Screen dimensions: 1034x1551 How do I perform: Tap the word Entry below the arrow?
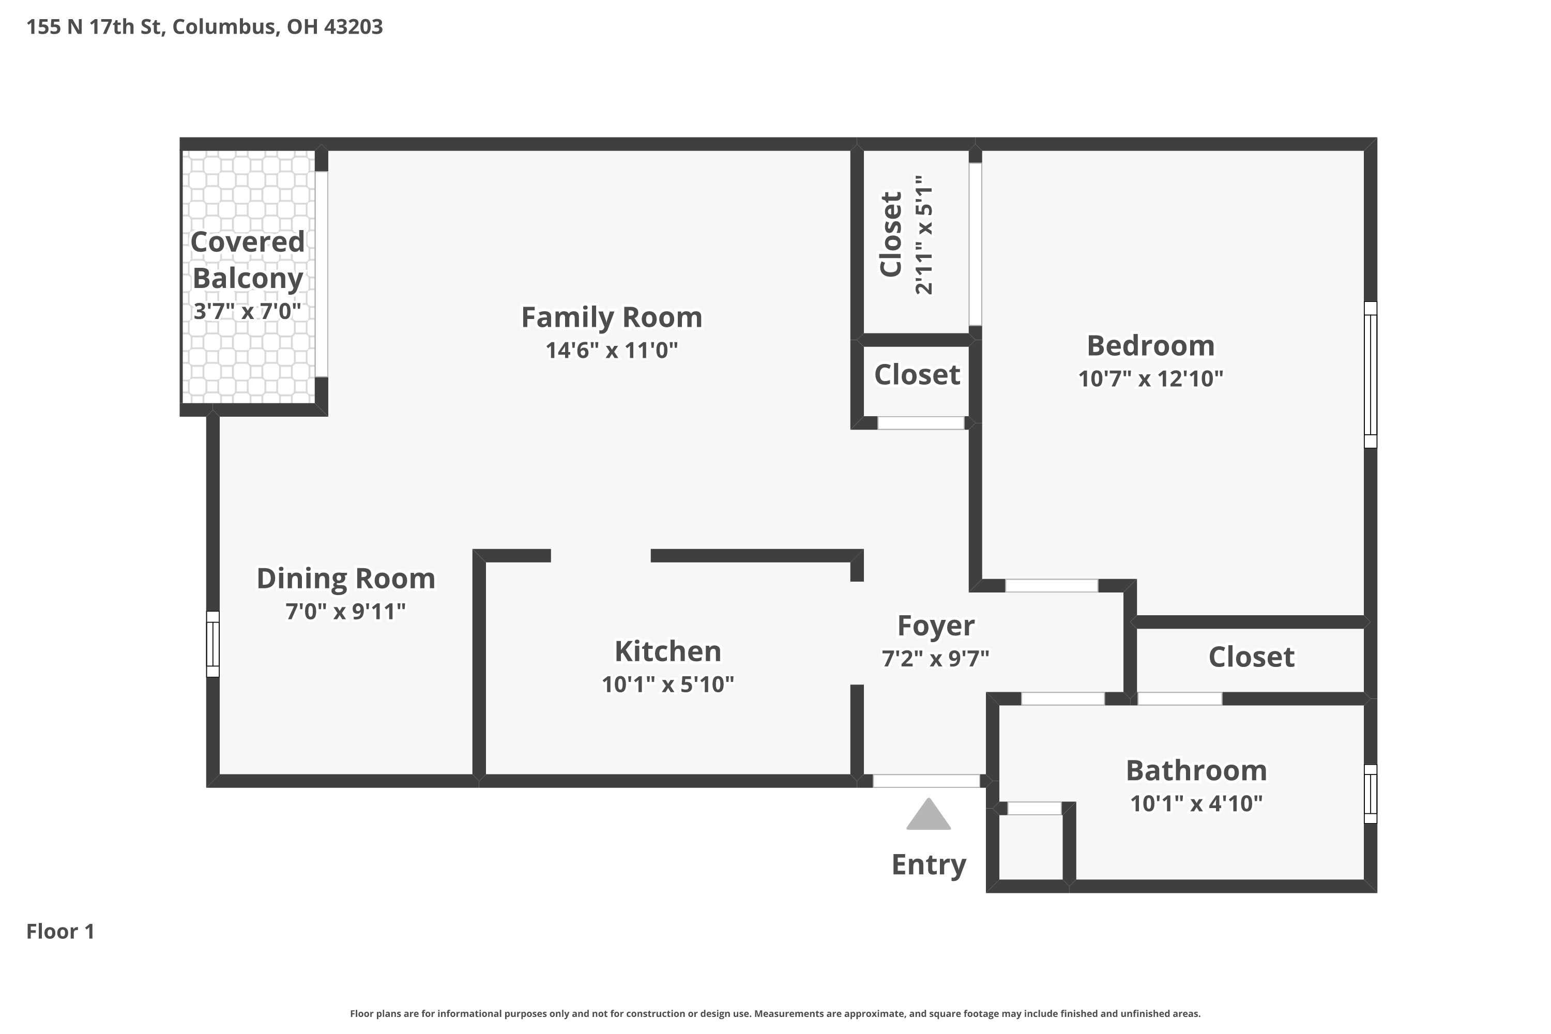(929, 864)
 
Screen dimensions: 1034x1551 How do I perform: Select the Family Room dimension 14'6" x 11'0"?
(611, 350)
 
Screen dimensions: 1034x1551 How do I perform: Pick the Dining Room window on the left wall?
(212, 644)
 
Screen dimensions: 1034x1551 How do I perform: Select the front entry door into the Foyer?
(926, 781)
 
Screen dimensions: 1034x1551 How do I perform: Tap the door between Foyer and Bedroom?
(1051, 586)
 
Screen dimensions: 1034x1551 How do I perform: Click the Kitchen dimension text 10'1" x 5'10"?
(667, 685)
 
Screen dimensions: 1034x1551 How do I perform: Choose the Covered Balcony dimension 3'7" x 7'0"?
(247, 311)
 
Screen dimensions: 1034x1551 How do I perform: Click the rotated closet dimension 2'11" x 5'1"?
(924, 235)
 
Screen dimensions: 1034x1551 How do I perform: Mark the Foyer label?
(936, 625)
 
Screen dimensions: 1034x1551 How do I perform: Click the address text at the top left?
(204, 26)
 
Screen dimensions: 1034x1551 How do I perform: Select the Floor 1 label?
(60, 931)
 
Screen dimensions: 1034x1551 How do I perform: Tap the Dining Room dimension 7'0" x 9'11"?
(345, 611)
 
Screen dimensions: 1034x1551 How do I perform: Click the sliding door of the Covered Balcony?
(321, 273)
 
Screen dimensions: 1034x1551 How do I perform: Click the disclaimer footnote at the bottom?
(775, 1013)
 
